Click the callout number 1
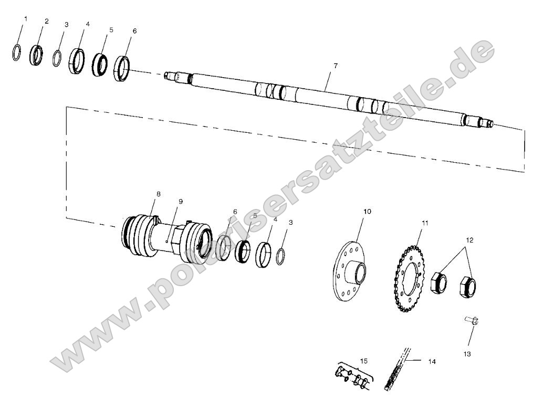[26, 19]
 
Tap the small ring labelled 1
[17, 53]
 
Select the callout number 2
[47, 22]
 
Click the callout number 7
[336, 66]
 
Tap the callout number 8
[158, 194]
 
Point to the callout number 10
[367, 211]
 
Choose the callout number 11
[425, 223]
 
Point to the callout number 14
[432, 362]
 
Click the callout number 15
[364, 361]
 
